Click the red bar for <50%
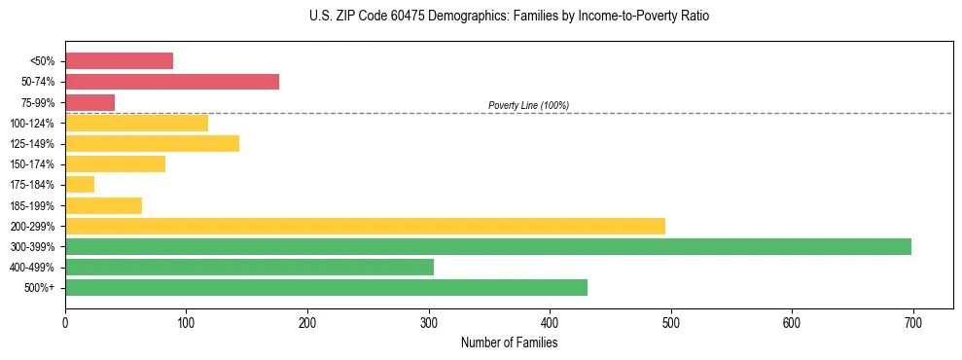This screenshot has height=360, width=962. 119,60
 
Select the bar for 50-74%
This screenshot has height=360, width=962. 172,82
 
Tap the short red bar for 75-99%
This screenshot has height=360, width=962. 89,102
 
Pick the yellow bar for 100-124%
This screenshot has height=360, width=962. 136,123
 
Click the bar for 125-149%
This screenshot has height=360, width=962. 152,144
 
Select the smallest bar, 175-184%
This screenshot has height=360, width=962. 80,185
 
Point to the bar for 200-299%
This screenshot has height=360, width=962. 365,226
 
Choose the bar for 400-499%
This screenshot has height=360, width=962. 249,268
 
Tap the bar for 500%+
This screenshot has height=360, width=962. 326,288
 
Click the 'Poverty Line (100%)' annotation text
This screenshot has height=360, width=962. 528,105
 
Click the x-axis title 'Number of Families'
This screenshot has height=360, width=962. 509,342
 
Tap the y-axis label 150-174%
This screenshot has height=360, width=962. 32,164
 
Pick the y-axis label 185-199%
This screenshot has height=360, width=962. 32,205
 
